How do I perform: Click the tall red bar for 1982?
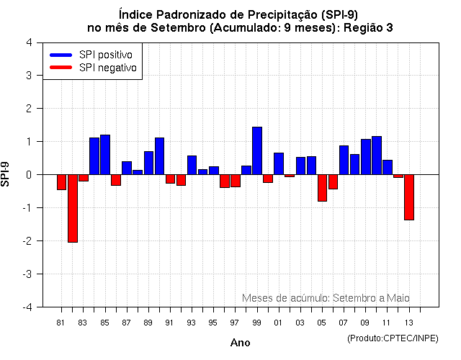pos(73,208)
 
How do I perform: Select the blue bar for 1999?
pos(257,150)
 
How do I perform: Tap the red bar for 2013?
pos(409,197)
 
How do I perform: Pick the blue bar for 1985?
pos(105,155)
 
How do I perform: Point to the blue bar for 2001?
pos(279,163)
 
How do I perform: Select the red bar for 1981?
pos(62,182)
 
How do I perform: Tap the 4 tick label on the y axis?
pos(28,42)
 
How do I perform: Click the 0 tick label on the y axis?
pos(28,175)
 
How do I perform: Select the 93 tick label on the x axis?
pos(191,323)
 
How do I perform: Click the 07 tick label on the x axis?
pos(343,323)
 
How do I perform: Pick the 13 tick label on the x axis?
pos(408,323)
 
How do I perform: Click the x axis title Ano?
pos(240,343)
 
